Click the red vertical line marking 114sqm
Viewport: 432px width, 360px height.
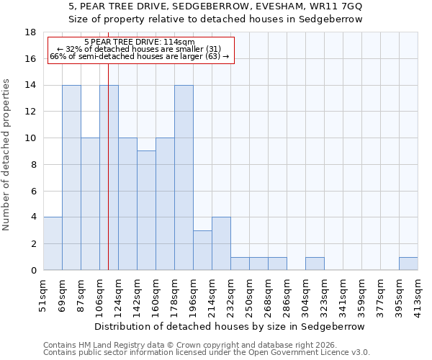tap(108, 180)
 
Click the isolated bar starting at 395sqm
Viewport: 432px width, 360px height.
tap(408, 264)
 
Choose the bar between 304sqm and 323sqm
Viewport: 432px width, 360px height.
tap(315, 264)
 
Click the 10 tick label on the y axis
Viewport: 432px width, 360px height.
tap(30, 138)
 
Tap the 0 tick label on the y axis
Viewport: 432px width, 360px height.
tap(33, 271)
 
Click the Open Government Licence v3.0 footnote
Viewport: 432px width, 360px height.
tap(206, 353)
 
